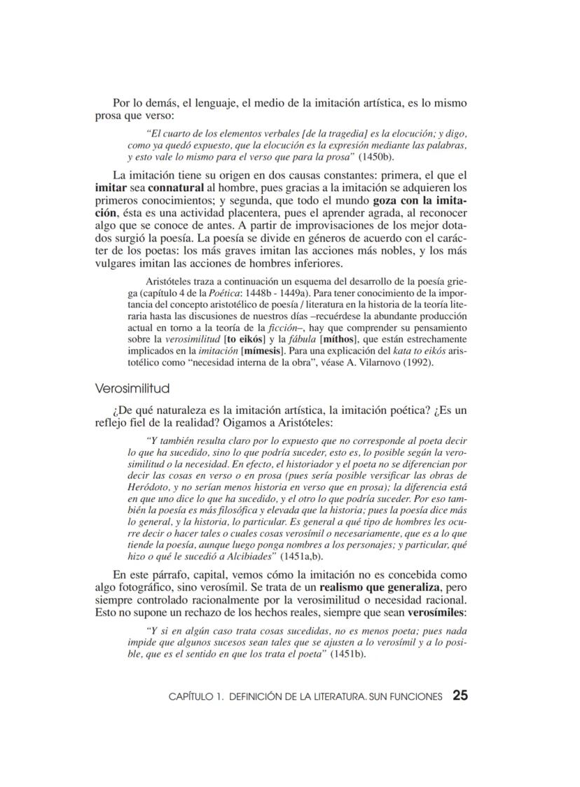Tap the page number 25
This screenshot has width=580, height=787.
(x=460, y=695)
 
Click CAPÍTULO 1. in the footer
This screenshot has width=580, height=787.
(x=197, y=697)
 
